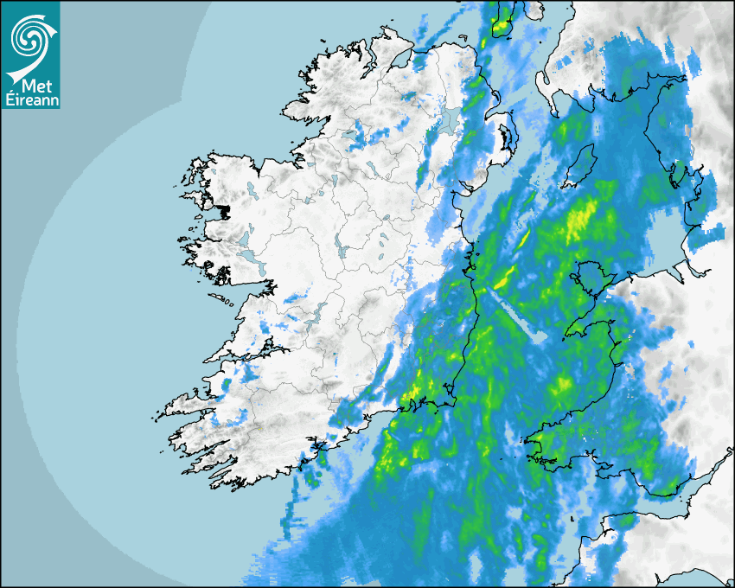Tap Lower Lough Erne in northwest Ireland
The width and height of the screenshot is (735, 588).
355,135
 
